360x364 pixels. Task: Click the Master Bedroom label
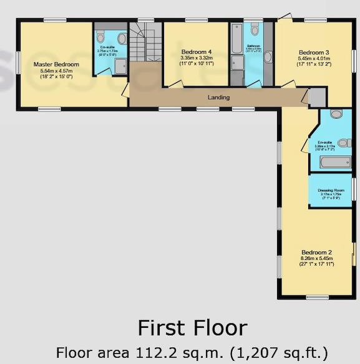56,64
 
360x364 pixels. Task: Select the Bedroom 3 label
313,52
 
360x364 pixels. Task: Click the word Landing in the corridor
218,97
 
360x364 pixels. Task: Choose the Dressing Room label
331,189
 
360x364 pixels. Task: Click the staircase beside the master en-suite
145,44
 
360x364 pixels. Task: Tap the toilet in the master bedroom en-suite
121,39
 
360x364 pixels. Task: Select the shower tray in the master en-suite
119,65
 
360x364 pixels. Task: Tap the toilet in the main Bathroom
255,29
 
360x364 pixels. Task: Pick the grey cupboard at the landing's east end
317,98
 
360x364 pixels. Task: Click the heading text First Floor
192,328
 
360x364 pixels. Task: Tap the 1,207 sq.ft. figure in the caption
275,352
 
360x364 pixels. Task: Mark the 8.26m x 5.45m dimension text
317,258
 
